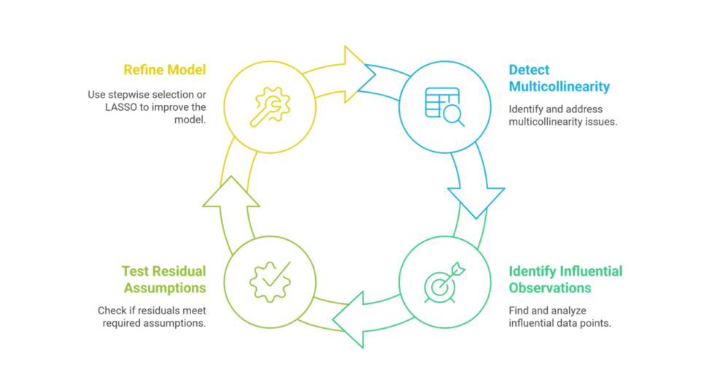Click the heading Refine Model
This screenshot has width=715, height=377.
(x=164, y=70)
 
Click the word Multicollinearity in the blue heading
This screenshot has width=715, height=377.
(x=559, y=87)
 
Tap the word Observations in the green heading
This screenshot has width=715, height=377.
(x=550, y=287)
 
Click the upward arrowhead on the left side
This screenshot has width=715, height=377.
(x=231, y=192)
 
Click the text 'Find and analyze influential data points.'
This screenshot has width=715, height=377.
(x=560, y=316)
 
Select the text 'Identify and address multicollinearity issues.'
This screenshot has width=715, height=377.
(x=563, y=116)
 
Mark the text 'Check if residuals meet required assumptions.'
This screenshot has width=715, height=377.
(x=152, y=316)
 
